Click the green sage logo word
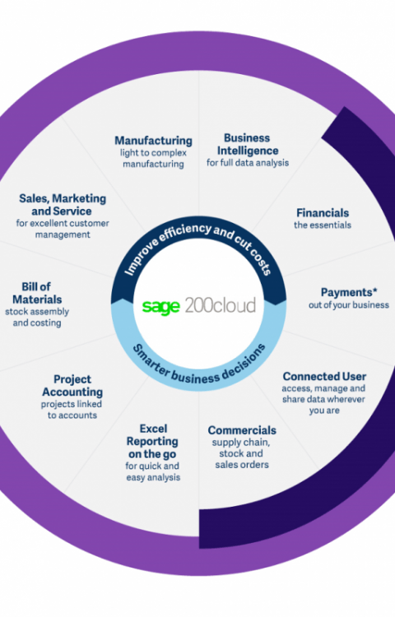click(x=161, y=307)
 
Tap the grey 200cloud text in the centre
click(x=221, y=305)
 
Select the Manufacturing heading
click(x=153, y=141)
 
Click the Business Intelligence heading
click(x=248, y=145)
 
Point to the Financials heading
click(x=323, y=213)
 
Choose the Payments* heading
click(x=349, y=292)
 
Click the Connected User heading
click(x=324, y=377)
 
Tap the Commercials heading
click(x=242, y=430)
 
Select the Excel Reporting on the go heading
click(x=152, y=442)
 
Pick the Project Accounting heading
click(x=72, y=386)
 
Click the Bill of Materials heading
click(x=36, y=293)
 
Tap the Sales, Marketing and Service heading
click(x=63, y=205)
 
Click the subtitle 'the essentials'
click(x=323, y=225)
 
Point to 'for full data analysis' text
click(x=248, y=163)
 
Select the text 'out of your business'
click(x=349, y=305)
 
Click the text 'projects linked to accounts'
click(x=72, y=410)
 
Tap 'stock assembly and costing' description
click(x=37, y=318)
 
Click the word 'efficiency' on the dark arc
click(x=185, y=231)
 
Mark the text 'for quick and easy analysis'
click(x=153, y=472)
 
